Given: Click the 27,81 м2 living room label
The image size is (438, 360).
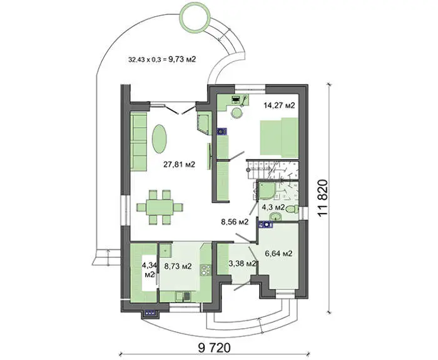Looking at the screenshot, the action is pyautogui.click(x=179, y=165).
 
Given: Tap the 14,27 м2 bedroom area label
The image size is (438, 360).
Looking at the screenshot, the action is pyautogui.click(x=279, y=105).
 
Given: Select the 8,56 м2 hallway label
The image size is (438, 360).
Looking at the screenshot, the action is pyautogui.click(x=234, y=222).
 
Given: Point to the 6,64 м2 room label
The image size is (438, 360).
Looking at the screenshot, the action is pyautogui.click(x=278, y=254).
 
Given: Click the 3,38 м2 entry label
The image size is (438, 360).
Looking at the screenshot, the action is pyautogui.click(x=242, y=264).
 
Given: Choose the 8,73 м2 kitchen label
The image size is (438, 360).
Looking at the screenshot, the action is pyautogui.click(x=178, y=266).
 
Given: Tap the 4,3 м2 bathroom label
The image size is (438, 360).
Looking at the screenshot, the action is pyautogui.click(x=273, y=207).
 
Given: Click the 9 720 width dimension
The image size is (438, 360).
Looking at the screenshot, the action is pyautogui.click(x=214, y=348).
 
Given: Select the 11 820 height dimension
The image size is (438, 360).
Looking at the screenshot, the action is pyautogui.click(x=322, y=198).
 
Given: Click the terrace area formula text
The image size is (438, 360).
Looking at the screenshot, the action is pyautogui.click(x=162, y=59).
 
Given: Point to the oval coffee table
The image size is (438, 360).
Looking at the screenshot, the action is pyautogui.click(x=159, y=138).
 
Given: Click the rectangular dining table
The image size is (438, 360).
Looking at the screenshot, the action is pyautogui.click(x=160, y=207).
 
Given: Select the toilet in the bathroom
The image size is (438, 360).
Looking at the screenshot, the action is pyautogui.click(x=292, y=209).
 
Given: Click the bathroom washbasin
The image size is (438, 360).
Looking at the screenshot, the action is pyautogui.click(x=276, y=216).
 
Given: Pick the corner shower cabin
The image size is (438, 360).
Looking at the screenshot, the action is pyautogui.click(x=267, y=191).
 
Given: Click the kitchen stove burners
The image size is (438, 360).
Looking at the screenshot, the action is pyautogui.click(x=206, y=270).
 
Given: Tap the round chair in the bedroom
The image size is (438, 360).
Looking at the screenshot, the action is pyautogui.click(x=237, y=113).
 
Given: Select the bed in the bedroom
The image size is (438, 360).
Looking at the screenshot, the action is pyautogui.click(x=279, y=136).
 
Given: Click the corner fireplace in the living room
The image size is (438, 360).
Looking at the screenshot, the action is pyautogui.click(x=203, y=123).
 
